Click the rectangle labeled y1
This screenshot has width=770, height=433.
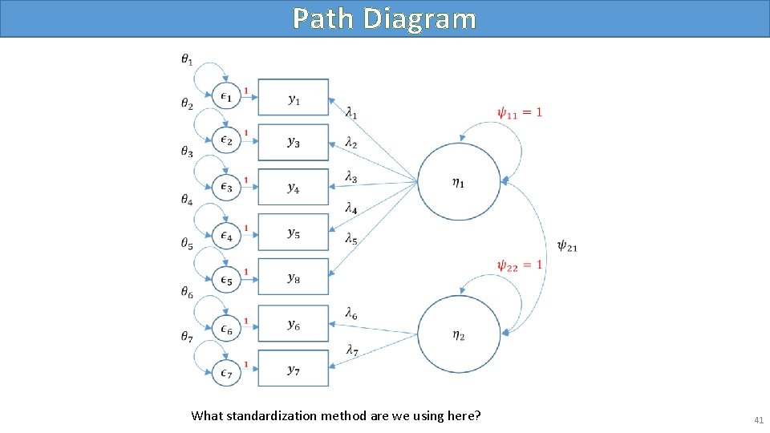tap(294, 98)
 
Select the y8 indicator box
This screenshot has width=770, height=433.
tap(294, 277)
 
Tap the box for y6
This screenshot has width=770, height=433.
tap(294, 324)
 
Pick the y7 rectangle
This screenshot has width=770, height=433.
tap(294, 369)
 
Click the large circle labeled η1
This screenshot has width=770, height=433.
tap(459, 181)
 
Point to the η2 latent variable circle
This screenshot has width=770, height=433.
tap(459, 335)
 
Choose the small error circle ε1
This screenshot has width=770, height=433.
tap(227, 98)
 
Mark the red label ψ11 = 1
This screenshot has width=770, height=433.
tap(519, 112)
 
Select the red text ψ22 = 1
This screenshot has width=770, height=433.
tap(519, 265)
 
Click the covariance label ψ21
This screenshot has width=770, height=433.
tap(566, 246)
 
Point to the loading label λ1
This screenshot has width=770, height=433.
tap(351, 112)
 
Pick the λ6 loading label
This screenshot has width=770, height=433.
tap(351, 314)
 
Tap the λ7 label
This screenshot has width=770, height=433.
tap(351, 349)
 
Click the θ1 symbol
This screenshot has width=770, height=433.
tap(186, 59)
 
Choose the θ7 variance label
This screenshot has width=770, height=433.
tap(186, 338)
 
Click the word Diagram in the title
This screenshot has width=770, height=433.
tap(419, 18)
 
